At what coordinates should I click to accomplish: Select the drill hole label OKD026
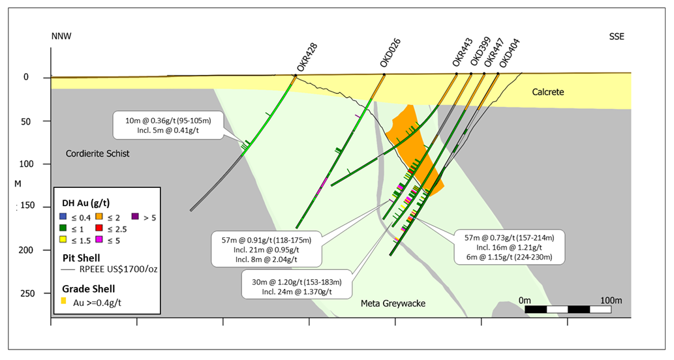(393, 53)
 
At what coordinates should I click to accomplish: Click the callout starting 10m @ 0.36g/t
(169, 125)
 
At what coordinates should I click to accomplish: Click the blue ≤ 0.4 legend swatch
(63, 217)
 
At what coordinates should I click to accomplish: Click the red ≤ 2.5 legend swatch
(100, 229)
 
